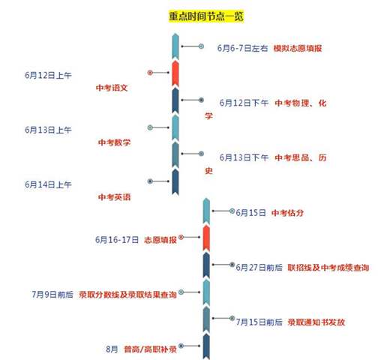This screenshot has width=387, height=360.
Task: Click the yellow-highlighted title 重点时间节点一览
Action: coord(206,16)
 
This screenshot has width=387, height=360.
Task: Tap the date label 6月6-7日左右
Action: coord(242,48)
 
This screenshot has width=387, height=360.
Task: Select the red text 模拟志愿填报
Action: coord(298,48)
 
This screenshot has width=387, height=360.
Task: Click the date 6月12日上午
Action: coord(48,75)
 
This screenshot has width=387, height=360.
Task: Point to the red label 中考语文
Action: coord(112,88)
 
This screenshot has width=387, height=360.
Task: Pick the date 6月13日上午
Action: coord(48,130)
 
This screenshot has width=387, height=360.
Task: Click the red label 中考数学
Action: coord(114,142)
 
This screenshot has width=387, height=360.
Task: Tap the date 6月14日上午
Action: coord(48,184)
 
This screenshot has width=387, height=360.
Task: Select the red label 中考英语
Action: coord(114,197)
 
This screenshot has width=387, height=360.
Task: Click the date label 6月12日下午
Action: coord(244,103)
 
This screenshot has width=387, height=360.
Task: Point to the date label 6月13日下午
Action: coord(244,157)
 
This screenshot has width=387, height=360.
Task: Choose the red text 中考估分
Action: coord(287,213)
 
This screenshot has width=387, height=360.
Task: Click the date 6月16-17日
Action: coord(117,240)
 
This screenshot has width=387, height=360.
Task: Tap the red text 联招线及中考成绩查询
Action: coord(328,268)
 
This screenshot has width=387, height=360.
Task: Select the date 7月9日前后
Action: coord(52,295)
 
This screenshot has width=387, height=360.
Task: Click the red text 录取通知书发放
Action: coord(316,322)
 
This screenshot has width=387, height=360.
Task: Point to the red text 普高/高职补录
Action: coord(150,349)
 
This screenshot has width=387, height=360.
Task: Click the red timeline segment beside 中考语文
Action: coord(175,73)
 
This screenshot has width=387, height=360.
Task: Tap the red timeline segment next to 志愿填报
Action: coord(206,238)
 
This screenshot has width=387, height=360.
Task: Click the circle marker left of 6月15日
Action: coord(232,211)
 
